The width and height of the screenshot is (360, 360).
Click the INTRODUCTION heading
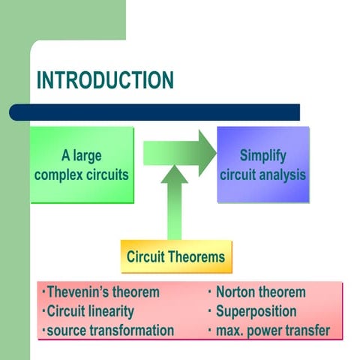coord(105,80)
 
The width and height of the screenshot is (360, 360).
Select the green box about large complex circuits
coord(82,165)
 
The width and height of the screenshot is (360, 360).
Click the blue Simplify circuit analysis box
coord(262,165)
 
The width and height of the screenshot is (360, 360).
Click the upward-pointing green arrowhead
coord(174,176)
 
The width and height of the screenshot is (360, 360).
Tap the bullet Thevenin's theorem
coord(101,292)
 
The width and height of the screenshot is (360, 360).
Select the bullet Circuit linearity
coord(90,311)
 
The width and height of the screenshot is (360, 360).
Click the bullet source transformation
coord(109,330)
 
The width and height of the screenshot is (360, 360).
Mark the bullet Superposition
coord(256,311)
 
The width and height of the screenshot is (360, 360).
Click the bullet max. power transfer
coord(272,330)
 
